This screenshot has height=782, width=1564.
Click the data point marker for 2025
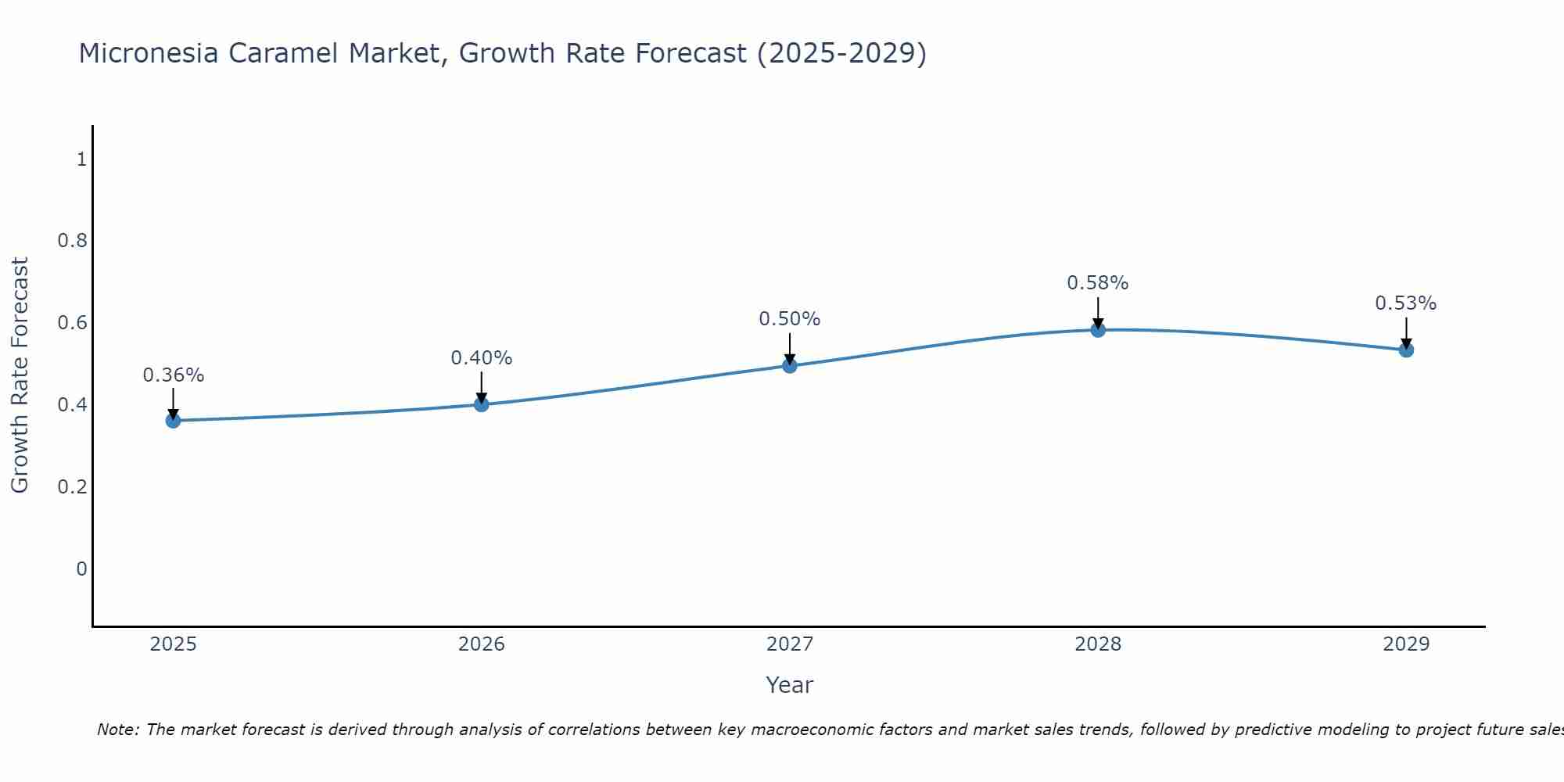click(174, 421)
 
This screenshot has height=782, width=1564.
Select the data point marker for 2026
click(482, 404)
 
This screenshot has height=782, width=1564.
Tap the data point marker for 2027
click(790, 365)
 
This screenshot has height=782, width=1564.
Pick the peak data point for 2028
click(1098, 330)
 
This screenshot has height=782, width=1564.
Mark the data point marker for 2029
click(1406, 350)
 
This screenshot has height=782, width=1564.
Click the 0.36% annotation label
click(174, 375)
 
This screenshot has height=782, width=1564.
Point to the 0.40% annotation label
click(482, 358)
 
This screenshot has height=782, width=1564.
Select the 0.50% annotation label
click(790, 319)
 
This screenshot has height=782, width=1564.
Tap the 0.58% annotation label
click(1098, 283)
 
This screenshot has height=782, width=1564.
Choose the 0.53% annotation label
click(1406, 303)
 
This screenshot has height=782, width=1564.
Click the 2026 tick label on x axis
click(482, 644)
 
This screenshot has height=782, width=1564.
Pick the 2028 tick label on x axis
click(1098, 644)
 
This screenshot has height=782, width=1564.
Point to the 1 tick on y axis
click(81, 160)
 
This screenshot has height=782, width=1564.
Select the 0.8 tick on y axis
click(73, 241)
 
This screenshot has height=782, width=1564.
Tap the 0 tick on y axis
click(81, 569)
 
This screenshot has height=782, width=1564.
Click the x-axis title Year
click(790, 685)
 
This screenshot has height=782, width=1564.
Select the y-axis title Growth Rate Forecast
click(20, 375)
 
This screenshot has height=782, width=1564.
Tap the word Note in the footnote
click(118, 730)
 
